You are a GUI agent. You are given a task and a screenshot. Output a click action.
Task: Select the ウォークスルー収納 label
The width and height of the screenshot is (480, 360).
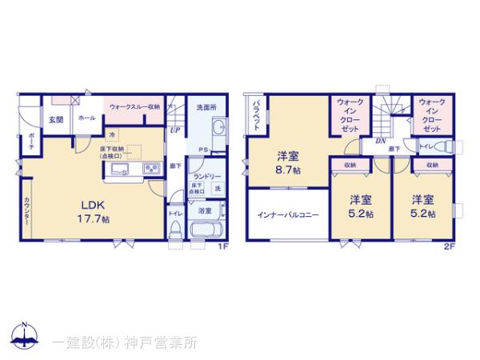point(134,106)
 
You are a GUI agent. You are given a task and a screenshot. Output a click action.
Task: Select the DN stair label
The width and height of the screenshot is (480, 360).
point(381,140)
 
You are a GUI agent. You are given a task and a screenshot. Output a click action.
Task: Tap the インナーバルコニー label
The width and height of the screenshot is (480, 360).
point(288,214)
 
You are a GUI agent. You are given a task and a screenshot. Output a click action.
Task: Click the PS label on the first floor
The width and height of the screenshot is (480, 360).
point(204,150)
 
